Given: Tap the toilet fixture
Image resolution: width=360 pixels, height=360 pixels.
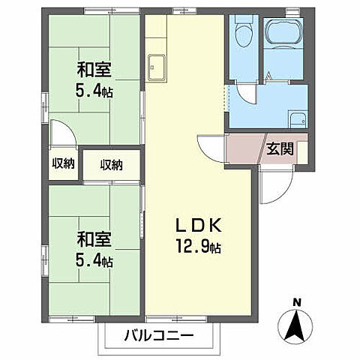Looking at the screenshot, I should pyautogui.click(x=243, y=34).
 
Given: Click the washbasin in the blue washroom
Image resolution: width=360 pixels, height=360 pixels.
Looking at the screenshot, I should pyautogui.click(x=295, y=118).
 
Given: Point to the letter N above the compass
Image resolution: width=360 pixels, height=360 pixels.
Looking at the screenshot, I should pyautogui.click(x=297, y=303).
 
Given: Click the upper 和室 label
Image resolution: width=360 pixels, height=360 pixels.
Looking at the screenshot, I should pyautogui.click(x=95, y=71).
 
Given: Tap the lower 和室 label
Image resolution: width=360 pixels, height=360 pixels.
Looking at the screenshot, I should pyautogui.click(x=95, y=240).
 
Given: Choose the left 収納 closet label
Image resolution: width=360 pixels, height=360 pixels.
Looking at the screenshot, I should pyautogui.click(x=62, y=164).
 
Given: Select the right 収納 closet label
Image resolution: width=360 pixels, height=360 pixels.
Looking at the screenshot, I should pyautogui.click(x=111, y=164).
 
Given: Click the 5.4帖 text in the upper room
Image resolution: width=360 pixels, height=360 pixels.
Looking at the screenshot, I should pyautogui.click(x=95, y=93).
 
